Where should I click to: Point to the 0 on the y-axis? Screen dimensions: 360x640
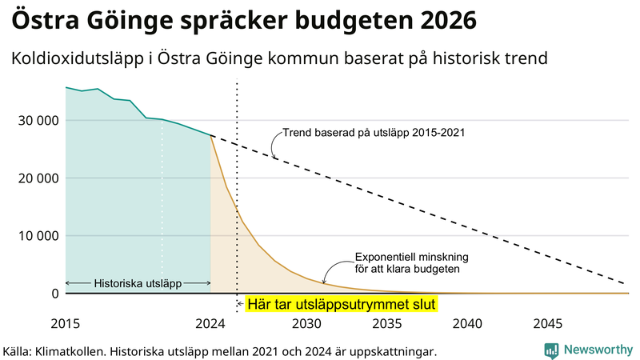tap(55, 294)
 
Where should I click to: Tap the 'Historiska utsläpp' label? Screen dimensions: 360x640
tap(138, 283)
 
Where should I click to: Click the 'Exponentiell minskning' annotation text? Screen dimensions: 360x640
tap(411, 258)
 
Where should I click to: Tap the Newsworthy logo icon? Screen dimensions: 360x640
tap(551, 350)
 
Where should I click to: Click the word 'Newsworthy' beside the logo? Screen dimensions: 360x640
tap(598, 350)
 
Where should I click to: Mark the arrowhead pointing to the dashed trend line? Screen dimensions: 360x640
tap(274, 157)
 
